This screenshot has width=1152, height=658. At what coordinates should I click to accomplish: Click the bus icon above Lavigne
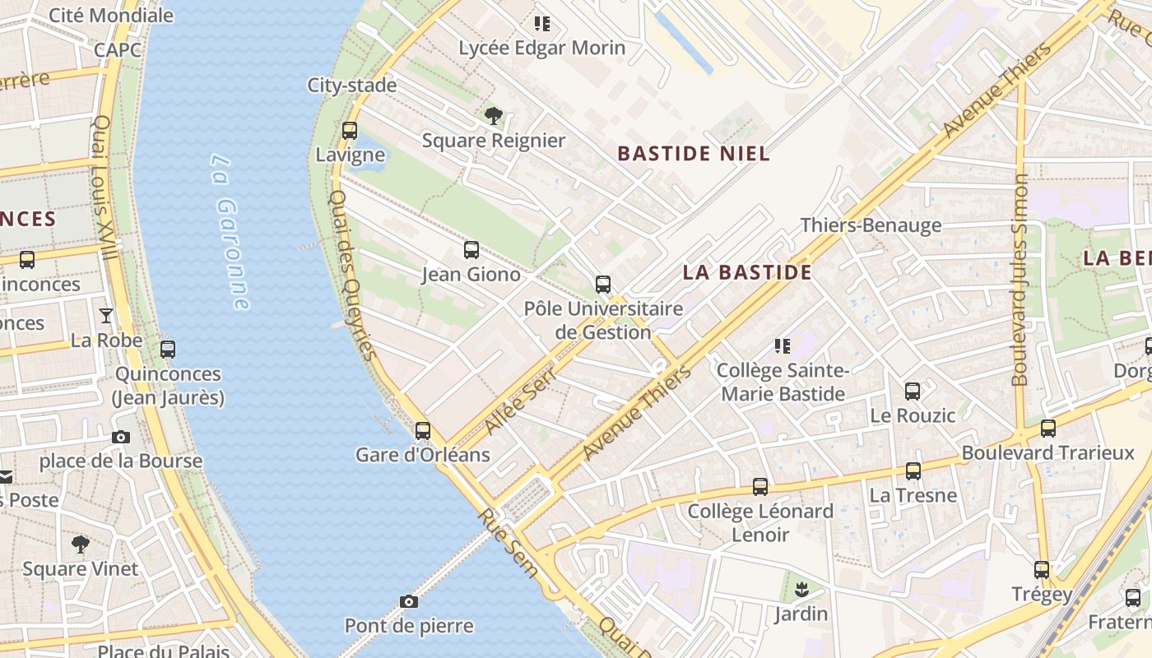point(349,130)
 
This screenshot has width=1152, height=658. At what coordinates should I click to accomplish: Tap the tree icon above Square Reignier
point(494,116)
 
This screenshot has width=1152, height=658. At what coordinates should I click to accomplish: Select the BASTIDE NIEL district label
point(693,153)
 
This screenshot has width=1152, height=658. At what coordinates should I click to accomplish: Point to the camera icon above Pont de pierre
point(409,601)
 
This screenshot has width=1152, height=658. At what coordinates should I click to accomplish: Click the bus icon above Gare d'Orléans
point(423,430)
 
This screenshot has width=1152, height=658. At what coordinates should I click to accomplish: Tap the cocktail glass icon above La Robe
point(106,315)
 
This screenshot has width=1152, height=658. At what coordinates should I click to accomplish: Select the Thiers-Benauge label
point(871,225)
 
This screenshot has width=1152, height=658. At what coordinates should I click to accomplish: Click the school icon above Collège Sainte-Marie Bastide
point(782,346)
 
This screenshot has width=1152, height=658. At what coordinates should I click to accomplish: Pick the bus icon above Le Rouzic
point(913,391)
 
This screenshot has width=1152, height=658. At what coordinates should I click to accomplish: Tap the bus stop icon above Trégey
point(1042,569)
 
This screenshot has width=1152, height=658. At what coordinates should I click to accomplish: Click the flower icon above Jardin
point(801,589)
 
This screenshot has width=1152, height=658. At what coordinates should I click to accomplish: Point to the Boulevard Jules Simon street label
point(1020,280)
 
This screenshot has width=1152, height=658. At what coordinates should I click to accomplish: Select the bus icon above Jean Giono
point(471,249)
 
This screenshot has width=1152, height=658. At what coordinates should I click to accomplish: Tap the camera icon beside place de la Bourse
point(121,437)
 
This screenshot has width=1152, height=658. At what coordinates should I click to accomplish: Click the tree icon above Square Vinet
point(80,544)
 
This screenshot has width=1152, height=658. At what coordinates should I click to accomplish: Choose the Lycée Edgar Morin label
point(541,48)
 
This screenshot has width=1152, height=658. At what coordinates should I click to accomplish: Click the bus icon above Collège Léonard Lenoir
point(760,486)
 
